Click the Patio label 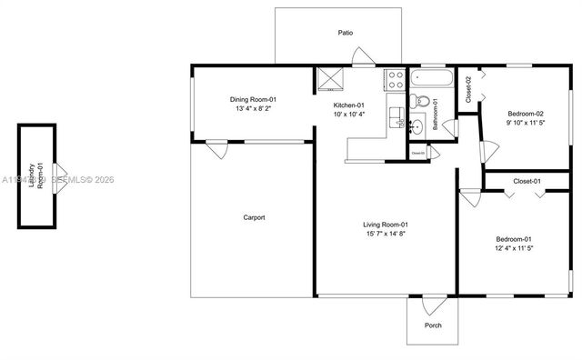pyautogui.click(x=346, y=33)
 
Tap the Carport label pyautogui.click(x=254, y=217)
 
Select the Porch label pyautogui.click(x=434, y=325)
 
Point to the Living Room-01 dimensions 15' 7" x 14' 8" pyautogui.click(x=386, y=234)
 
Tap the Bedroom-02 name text pyautogui.click(x=527, y=113)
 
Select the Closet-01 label pyautogui.click(x=527, y=182)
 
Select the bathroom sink pyautogui.click(x=417, y=127)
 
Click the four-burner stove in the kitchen pyautogui.click(x=395, y=79)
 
